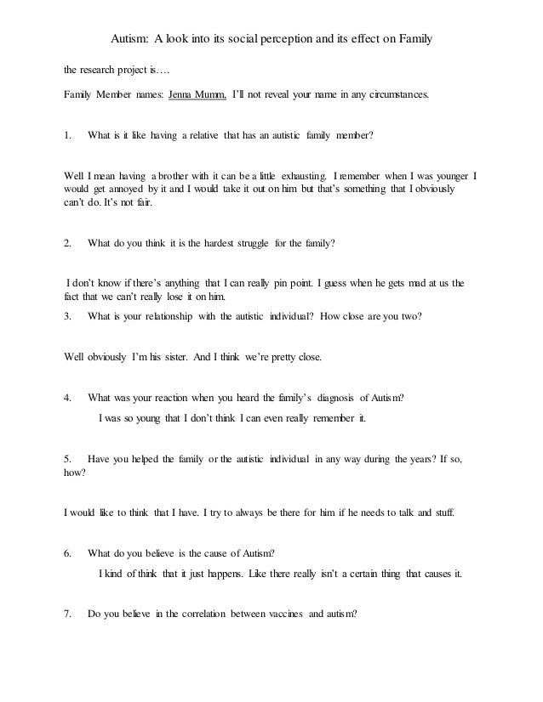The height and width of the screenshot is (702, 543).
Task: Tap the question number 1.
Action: click(x=68, y=135)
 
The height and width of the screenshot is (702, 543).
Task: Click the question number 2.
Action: click(x=68, y=243)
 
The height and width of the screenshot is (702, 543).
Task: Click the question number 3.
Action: click(x=68, y=316)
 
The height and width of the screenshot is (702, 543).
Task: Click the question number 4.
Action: click(x=68, y=397)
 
